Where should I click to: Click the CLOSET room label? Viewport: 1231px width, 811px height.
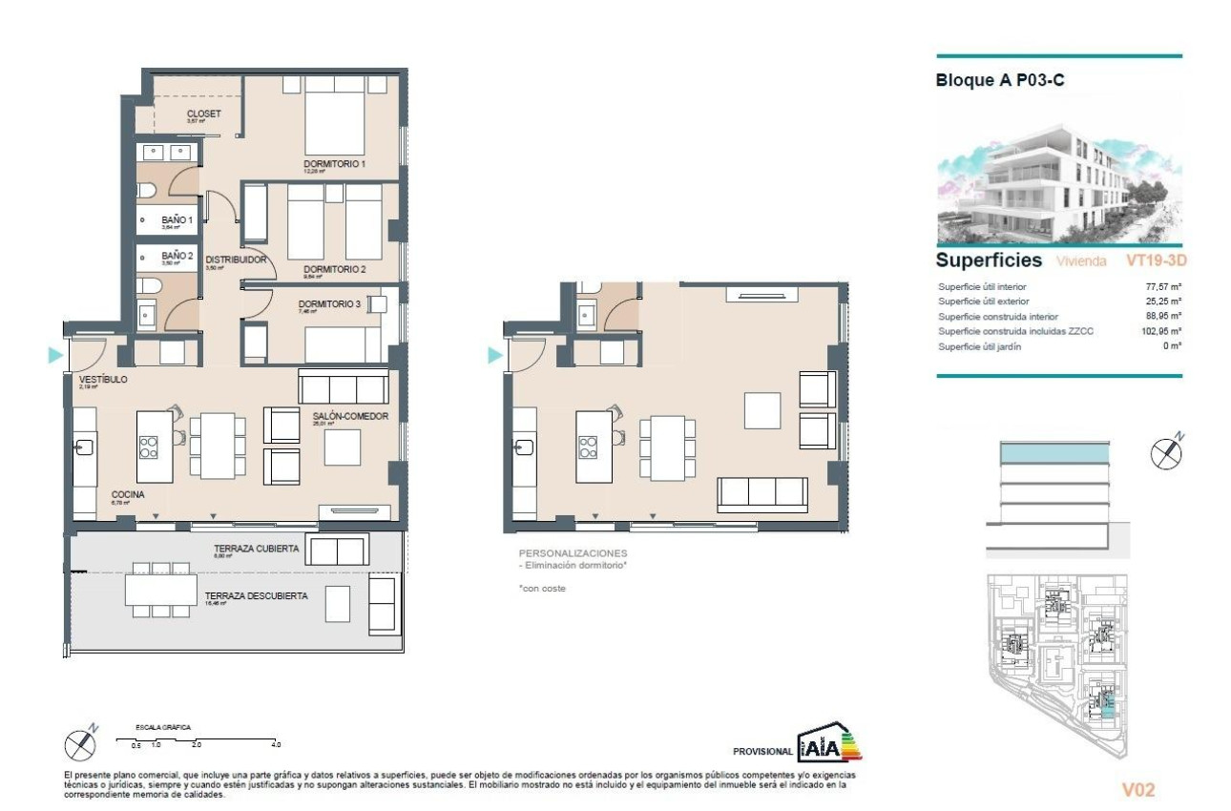coord(203,114)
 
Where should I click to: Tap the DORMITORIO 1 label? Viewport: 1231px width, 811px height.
coord(335,164)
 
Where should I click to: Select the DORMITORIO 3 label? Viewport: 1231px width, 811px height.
coord(329,304)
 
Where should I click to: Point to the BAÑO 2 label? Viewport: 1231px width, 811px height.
coord(177,256)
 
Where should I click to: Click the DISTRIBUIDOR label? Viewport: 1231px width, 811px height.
coord(235,260)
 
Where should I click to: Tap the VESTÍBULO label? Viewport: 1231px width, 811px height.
coord(102,379)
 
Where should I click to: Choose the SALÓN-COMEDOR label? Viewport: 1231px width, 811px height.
coord(350,416)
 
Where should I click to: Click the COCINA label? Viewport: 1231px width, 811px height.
coord(128,494)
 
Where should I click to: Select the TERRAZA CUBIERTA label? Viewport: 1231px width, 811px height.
coord(257,549)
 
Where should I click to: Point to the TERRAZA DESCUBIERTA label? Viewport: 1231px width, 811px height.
coord(256,596)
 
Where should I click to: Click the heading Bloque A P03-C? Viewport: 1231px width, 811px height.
coord(1000,81)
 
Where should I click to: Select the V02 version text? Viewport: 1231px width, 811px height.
coord(1139,788)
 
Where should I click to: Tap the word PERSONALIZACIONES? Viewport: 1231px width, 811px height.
coord(573,553)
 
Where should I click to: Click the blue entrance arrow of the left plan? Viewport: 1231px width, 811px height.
coord(55,356)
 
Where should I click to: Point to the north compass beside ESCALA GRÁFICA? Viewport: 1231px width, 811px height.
coord(78,742)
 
